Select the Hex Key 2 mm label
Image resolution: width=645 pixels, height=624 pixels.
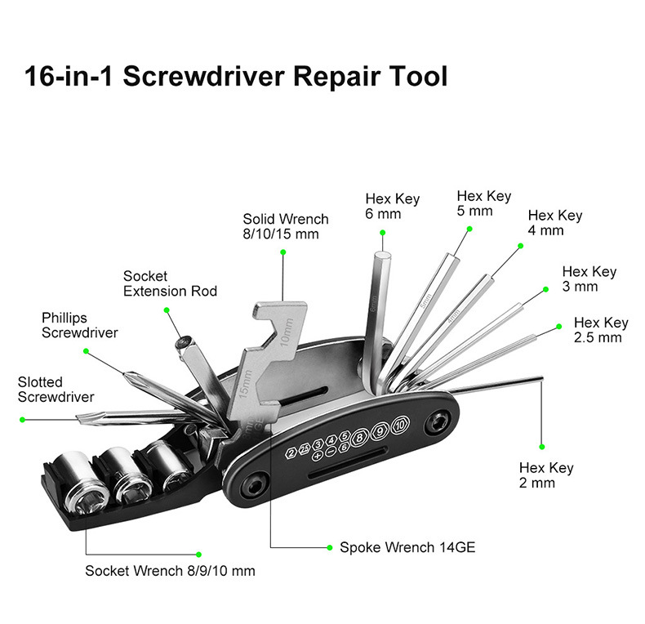coord(546,475)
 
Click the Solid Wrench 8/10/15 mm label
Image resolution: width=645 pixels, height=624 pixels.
coord(285,226)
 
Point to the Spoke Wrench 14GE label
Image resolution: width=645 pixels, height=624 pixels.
coord(407,547)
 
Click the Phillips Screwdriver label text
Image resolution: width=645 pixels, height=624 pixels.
coord(79,325)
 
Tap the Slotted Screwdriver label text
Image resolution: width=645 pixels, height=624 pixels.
coord(56,390)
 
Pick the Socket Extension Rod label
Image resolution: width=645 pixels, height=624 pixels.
coord(170,283)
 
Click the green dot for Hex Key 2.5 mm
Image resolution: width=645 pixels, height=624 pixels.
coord(559,326)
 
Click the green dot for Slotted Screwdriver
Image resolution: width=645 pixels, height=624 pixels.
coord(23,419)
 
